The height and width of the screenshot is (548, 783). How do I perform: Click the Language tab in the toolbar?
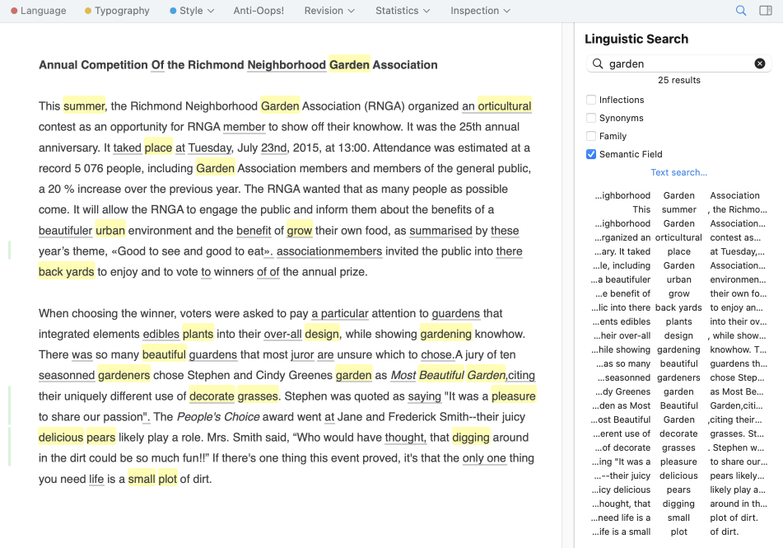click(x=39, y=11)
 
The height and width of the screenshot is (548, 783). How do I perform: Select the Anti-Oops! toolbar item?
click(x=259, y=11)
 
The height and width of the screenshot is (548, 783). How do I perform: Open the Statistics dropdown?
click(x=402, y=11)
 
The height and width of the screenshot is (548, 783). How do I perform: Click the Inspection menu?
click(x=480, y=11)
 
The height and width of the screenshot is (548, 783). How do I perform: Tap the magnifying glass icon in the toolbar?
click(x=741, y=11)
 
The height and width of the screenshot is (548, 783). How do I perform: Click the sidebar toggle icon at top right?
click(x=766, y=11)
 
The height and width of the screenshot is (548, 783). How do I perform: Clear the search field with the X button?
click(x=760, y=63)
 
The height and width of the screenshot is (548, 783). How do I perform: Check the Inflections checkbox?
click(x=591, y=100)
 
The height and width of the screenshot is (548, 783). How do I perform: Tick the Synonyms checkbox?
click(x=591, y=118)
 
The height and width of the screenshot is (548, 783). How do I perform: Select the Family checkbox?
click(x=591, y=136)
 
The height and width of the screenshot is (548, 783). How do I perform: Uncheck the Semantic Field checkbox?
click(x=591, y=154)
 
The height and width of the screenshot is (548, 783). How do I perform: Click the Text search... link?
click(x=678, y=172)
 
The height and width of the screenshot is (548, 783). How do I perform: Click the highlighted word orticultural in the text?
click(x=504, y=106)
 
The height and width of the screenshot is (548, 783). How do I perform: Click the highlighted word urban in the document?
click(x=110, y=231)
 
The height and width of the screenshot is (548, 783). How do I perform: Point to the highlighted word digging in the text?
click(x=470, y=438)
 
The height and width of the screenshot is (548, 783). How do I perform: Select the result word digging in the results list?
click(x=678, y=504)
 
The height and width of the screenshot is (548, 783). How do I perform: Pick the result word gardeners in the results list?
click(x=678, y=377)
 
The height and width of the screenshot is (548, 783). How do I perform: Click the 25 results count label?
click(x=679, y=80)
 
